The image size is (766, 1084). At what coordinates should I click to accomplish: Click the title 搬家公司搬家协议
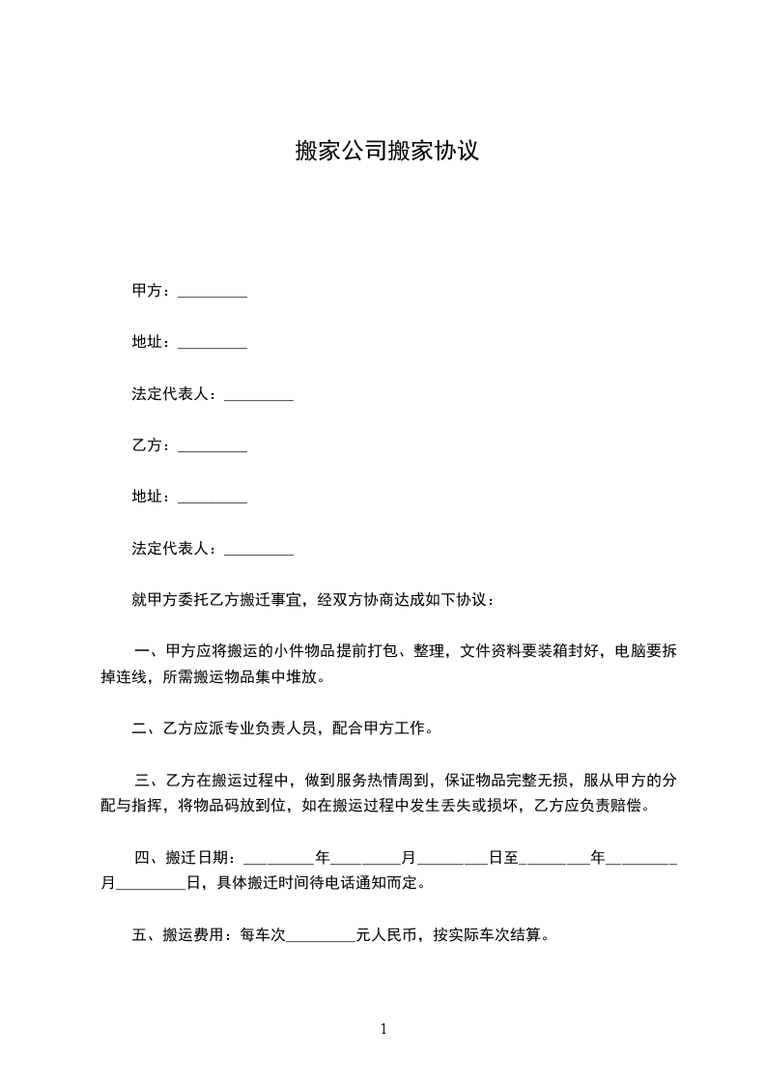[386, 152]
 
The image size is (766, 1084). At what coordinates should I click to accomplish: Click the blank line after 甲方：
[213, 294]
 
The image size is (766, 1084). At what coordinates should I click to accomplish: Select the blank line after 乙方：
[213, 448]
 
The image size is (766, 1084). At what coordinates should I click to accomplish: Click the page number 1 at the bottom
[383, 1029]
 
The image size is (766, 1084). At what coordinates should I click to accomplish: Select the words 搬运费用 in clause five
[194, 934]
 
